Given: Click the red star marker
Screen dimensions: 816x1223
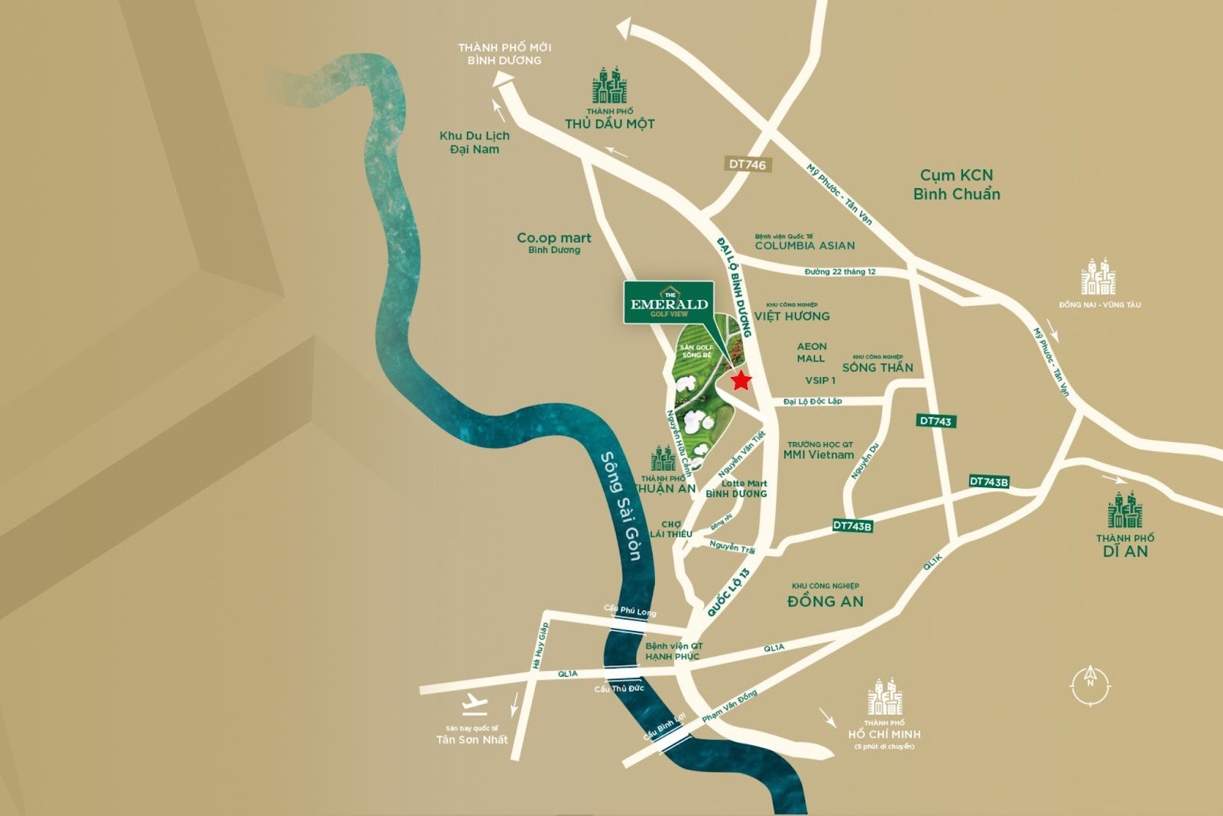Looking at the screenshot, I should [741, 380].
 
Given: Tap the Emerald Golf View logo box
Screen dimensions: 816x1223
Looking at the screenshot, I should [669, 303].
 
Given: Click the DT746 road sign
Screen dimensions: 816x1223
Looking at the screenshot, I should [747, 164].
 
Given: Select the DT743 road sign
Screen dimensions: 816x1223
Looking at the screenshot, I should [936, 421].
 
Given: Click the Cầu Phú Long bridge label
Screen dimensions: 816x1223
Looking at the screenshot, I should [630, 611].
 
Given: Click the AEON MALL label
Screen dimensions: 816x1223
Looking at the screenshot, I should [811, 353].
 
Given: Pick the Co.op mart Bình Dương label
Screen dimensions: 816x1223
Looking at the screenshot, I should [553, 242].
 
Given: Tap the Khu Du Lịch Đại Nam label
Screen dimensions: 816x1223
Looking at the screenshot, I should [474, 142].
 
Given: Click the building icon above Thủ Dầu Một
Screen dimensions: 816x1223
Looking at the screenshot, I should [609, 86].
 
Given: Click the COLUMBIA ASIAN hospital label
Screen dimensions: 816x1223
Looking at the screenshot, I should [804, 245].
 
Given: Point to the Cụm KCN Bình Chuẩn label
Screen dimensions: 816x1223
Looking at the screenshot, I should [956, 184].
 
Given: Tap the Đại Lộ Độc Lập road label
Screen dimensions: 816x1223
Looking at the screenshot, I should [813, 401].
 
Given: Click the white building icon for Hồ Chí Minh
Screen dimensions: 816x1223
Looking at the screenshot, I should [884, 697].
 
